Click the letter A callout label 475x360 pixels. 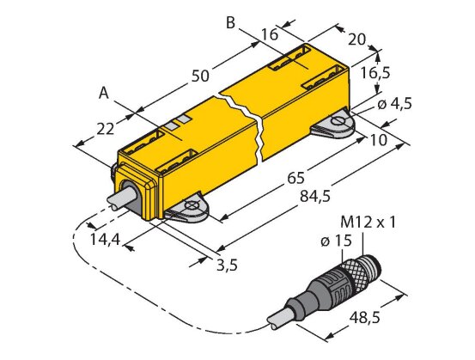pyautogui.click(x=104, y=94)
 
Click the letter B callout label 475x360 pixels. pyautogui.click(x=231, y=23)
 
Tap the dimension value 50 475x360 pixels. pyautogui.click(x=200, y=76)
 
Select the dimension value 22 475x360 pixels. pyautogui.click(x=106, y=129)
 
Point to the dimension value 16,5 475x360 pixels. pyautogui.click(x=375, y=73)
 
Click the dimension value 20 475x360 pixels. pyautogui.click(x=356, y=40)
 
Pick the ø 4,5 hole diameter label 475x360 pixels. pyautogui.click(x=395, y=104)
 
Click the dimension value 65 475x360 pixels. pyautogui.click(x=295, y=179)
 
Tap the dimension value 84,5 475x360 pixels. pyautogui.click(x=315, y=197)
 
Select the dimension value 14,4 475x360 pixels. pyautogui.click(x=106, y=240)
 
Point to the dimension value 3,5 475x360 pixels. pyautogui.click(x=228, y=265)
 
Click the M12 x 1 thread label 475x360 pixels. pyautogui.click(x=368, y=223)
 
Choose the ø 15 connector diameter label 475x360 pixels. pyautogui.click(x=336, y=241)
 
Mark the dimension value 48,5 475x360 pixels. pyautogui.click(x=364, y=318)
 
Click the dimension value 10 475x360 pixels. pyautogui.click(x=378, y=140)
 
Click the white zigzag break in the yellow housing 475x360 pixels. pyautogui.click(x=243, y=125)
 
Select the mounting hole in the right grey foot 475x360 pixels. pyautogui.click(x=338, y=121)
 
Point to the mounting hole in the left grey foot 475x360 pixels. pyautogui.click(x=192, y=205)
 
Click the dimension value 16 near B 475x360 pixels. pyautogui.click(x=270, y=34)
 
